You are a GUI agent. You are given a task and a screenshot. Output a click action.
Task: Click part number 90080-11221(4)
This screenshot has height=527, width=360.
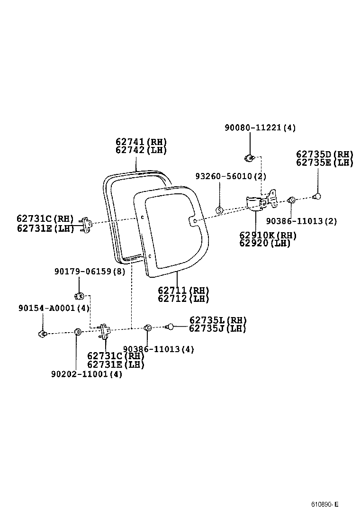(260, 127)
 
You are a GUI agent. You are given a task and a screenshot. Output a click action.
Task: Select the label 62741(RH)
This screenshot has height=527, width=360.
(141, 142)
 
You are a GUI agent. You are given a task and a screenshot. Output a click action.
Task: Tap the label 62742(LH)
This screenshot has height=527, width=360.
(141, 150)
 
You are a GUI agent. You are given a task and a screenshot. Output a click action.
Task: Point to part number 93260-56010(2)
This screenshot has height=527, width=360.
(231, 176)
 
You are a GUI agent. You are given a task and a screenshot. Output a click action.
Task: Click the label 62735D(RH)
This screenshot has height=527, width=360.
(325, 154)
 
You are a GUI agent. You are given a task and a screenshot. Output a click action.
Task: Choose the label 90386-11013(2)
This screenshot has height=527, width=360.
(301, 221)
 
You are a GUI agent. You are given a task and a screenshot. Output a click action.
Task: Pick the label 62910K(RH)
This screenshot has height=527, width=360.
(268, 236)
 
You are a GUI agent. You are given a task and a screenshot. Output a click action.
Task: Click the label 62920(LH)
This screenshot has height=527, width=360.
(265, 243)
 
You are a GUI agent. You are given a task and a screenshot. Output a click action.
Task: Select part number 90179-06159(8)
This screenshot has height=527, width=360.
(90, 272)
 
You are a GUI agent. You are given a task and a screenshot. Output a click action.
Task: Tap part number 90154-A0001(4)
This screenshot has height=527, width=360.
(54, 308)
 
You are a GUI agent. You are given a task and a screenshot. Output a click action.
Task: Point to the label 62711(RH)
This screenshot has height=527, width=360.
(183, 290)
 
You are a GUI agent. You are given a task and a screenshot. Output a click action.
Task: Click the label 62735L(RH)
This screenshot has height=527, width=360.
(218, 320)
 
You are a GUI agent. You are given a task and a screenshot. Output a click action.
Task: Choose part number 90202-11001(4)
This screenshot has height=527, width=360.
(87, 374)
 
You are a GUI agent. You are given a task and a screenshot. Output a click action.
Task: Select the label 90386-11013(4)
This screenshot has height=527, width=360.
(159, 349)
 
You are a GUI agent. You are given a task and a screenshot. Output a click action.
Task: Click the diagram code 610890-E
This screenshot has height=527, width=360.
(325, 504)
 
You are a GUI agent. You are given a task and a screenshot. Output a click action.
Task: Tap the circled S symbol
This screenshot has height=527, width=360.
(219, 210)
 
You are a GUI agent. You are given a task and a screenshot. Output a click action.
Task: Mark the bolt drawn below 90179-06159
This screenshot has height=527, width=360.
(80, 296)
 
